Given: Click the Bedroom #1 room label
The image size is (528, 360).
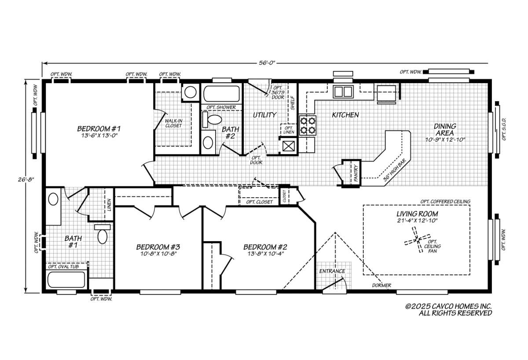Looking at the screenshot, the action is point(99,129).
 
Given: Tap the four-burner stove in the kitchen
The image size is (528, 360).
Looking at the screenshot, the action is point(308,125).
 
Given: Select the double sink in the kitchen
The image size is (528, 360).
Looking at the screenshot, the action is point(343,92).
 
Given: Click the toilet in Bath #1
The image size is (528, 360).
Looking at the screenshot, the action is point(102,234).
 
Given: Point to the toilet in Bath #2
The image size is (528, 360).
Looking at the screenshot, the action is point(212,120).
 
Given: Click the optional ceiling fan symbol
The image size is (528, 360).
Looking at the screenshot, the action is point(418,240).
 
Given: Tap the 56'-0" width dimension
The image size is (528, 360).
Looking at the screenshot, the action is point(267,63).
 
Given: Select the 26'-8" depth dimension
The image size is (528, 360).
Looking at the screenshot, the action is point(26,180).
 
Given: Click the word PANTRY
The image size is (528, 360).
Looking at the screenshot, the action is point(356,173).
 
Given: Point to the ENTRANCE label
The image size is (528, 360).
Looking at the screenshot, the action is point(332,271).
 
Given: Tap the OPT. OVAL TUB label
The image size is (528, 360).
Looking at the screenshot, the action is point(63,267).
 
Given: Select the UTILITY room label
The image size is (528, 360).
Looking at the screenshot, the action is point(264,115).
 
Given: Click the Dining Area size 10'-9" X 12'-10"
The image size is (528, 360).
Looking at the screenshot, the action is point(445,140).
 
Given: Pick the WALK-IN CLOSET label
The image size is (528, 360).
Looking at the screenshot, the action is point(173,123).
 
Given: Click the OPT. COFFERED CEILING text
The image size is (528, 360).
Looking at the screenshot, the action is point(445,202).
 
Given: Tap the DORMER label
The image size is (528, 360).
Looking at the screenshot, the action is point(381,285).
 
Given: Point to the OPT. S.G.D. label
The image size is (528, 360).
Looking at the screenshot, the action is point(504,129).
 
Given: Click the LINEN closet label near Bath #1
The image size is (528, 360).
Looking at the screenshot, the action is point(109,205).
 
